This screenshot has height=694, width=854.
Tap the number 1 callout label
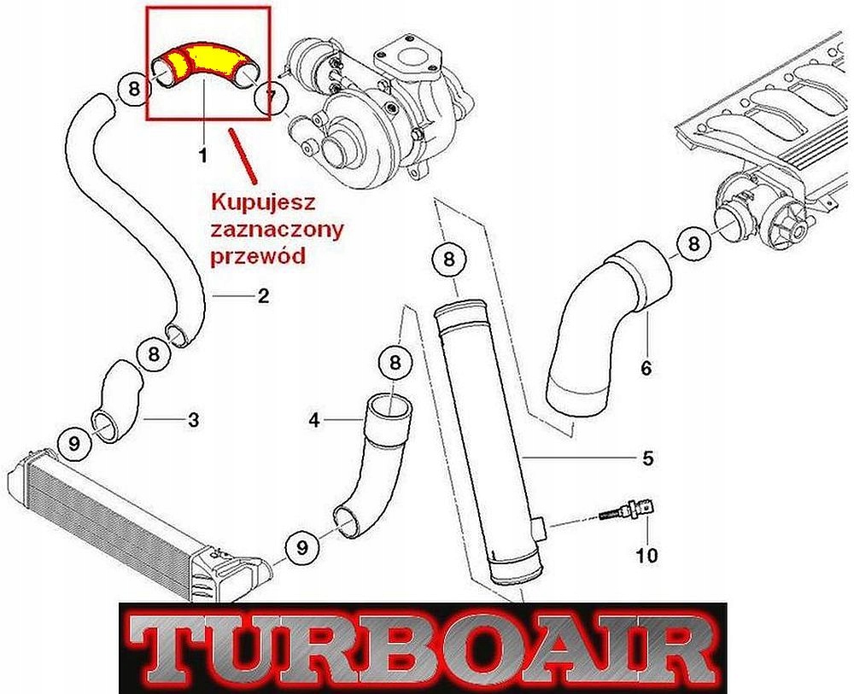click(x=202, y=155)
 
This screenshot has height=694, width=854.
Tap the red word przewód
click(x=257, y=255)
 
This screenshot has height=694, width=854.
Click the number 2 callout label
click(x=263, y=296)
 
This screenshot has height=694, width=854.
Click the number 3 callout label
click(x=194, y=419)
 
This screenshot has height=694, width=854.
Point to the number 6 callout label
click(x=646, y=368)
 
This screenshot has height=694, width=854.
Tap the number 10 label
click(x=646, y=557)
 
